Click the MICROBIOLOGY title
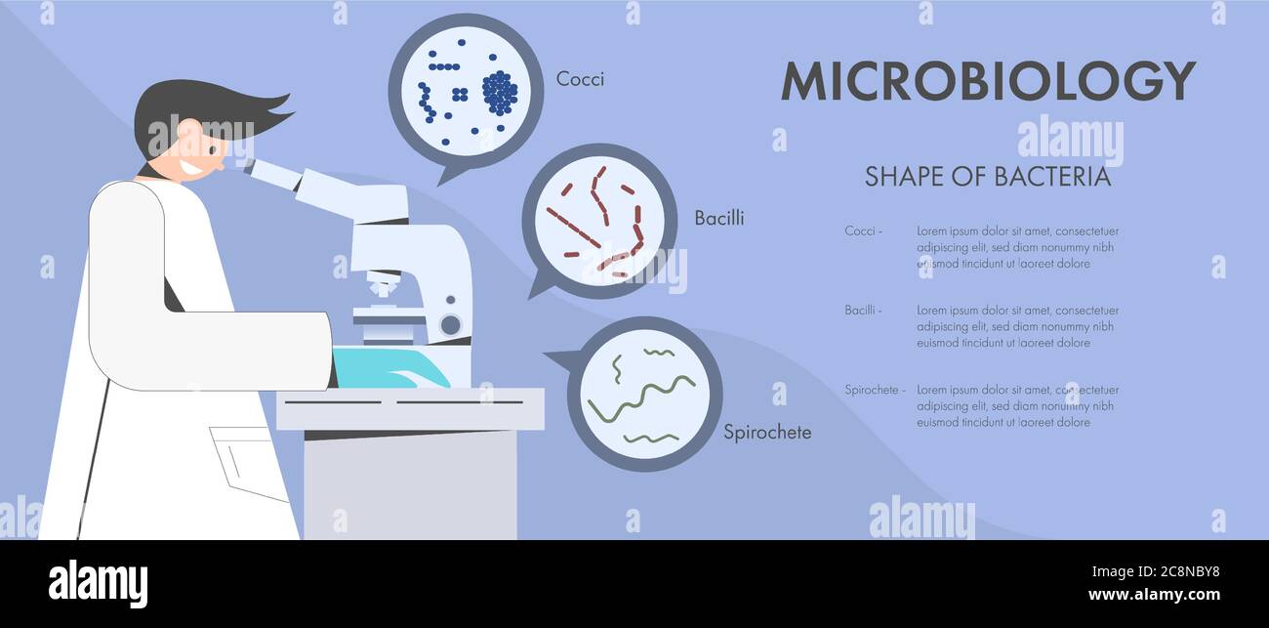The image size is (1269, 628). (988, 81)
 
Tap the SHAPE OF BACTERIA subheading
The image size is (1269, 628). (988, 177)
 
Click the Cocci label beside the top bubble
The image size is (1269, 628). (580, 79)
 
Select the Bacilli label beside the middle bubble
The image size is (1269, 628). (718, 218)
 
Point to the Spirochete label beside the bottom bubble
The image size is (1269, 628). (766, 432)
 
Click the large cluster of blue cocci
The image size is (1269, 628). (500, 93)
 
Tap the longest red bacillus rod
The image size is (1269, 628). (573, 228)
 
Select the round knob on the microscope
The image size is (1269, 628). (450, 324)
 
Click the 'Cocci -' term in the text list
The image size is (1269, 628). (863, 231)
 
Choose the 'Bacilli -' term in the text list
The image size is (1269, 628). (863, 311)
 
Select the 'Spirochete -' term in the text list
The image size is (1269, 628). (875, 390)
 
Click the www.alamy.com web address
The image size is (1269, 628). (1154, 594)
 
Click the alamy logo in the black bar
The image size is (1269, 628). (98, 583)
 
